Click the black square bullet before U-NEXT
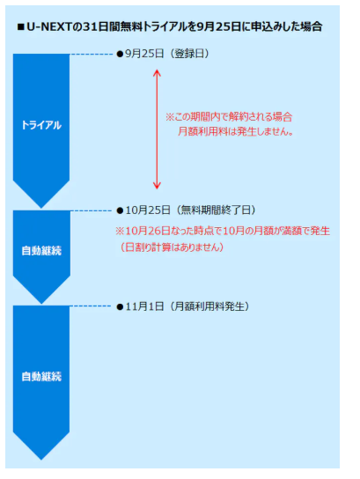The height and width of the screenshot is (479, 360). click(x=21, y=27)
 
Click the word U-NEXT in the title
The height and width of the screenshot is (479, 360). click(x=48, y=27)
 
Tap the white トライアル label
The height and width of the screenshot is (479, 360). click(x=41, y=125)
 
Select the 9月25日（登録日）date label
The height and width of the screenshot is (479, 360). click(x=167, y=54)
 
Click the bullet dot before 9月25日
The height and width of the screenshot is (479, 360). click(x=120, y=55)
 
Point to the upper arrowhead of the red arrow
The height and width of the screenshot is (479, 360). click(x=157, y=73)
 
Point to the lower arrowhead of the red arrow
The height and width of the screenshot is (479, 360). click(x=157, y=186)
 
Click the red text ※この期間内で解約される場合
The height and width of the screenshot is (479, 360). click(x=229, y=117)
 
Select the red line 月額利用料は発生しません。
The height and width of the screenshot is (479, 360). click(x=235, y=131)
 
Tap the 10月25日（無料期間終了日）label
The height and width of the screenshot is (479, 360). click(x=190, y=210)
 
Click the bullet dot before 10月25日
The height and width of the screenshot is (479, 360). click(x=120, y=210)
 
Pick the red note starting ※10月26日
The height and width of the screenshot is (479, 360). click(x=223, y=231)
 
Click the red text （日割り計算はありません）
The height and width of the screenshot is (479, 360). click(x=172, y=247)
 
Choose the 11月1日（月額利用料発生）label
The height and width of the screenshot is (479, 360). click(x=187, y=306)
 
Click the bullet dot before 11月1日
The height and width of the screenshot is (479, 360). click(x=120, y=307)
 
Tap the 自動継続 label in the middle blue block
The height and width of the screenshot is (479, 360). click(x=41, y=251)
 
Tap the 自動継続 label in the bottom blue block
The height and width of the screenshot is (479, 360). click(x=41, y=377)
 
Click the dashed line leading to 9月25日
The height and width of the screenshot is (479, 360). click(x=92, y=55)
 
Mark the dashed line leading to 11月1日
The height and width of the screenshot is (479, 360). click(x=91, y=306)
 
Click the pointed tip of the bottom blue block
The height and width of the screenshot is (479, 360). click(x=41, y=459)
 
